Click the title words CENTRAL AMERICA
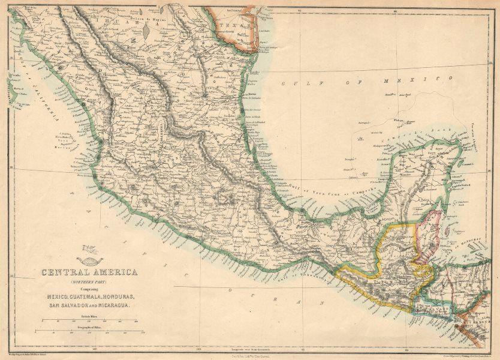click(x=89, y=272)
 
